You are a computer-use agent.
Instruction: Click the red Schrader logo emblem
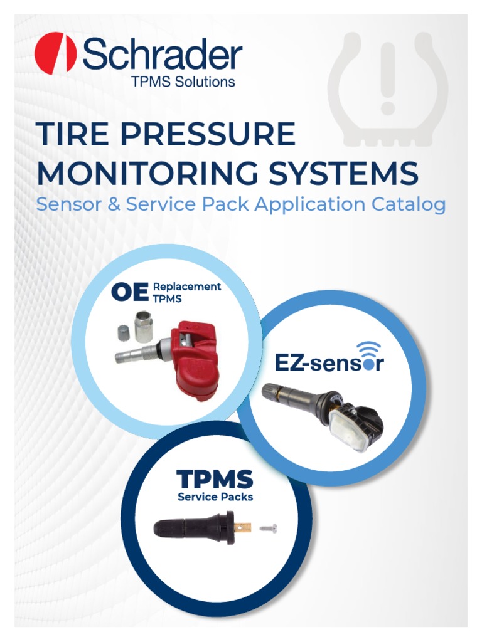[x=55, y=53]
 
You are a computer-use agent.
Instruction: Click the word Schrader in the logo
[x=163, y=54]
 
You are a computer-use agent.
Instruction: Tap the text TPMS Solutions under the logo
[x=183, y=82]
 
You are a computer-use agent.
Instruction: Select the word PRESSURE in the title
[x=208, y=134]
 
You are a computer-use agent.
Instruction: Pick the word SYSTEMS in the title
[x=343, y=173]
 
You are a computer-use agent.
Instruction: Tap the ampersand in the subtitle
[x=114, y=204]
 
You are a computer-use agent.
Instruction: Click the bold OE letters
[x=130, y=292]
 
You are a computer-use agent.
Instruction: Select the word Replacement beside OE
[x=187, y=287]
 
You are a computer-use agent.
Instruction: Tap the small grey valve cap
[x=122, y=332]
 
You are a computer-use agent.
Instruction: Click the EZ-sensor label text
[x=329, y=363]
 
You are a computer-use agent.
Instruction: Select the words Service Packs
[x=215, y=497]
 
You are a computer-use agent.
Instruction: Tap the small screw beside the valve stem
[x=269, y=529]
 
